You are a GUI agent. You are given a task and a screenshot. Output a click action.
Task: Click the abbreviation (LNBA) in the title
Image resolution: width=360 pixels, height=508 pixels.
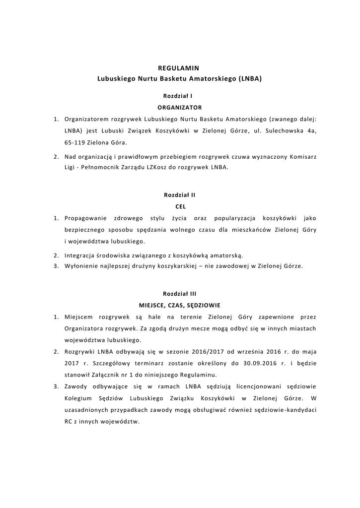(x=250, y=78)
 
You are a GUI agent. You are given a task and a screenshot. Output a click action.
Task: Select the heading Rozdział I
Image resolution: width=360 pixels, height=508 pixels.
(x=178, y=95)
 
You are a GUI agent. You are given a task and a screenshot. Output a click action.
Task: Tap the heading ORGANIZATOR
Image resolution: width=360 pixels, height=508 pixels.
(x=180, y=107)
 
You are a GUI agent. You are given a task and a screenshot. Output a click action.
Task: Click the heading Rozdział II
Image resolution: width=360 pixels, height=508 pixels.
(x=179, y=195)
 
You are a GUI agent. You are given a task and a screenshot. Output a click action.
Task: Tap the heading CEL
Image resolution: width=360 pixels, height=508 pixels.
(x=180, y=207)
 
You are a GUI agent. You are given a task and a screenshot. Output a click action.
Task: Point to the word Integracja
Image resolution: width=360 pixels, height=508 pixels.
(x=81, y=255)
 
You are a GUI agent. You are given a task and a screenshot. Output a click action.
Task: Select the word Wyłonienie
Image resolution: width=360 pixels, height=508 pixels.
(x=81, y=266)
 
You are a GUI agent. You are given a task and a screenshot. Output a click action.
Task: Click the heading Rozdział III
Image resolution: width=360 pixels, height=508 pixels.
(x=180, y=293)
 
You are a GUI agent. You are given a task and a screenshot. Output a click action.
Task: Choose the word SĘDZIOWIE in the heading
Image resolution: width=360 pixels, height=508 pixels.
(x=204, y=305)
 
